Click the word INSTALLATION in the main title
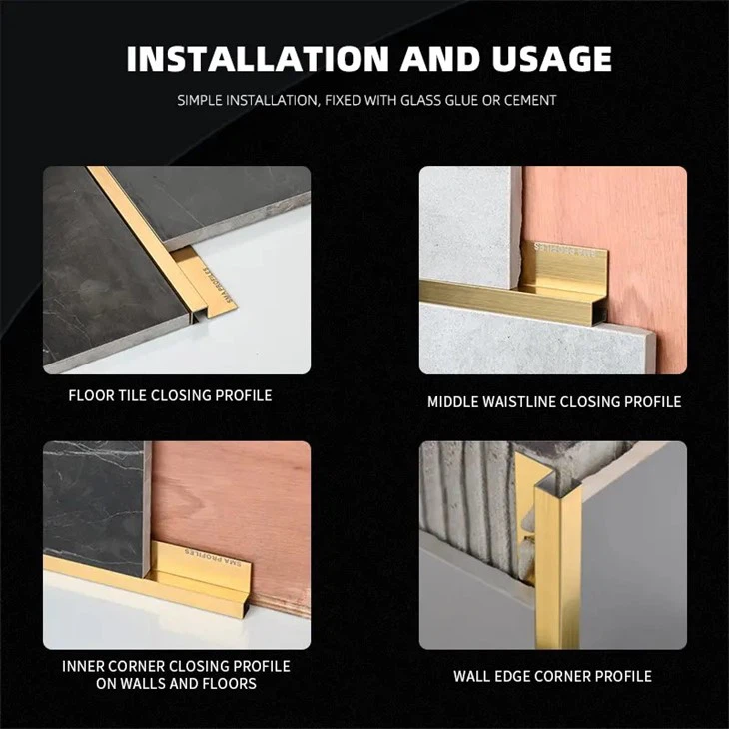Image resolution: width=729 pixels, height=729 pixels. (x=257, y=59)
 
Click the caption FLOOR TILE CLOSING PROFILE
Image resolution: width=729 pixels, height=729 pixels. (x=170, y=395)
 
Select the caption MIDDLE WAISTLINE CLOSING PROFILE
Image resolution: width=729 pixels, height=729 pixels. (x=554, y=401)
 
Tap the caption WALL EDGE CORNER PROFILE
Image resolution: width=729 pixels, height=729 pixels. (x=552, y=676)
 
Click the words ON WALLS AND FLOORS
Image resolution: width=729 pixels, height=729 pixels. (x=176, y=683)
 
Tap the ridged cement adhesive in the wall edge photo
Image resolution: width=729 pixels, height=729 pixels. (x=469, y=499)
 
